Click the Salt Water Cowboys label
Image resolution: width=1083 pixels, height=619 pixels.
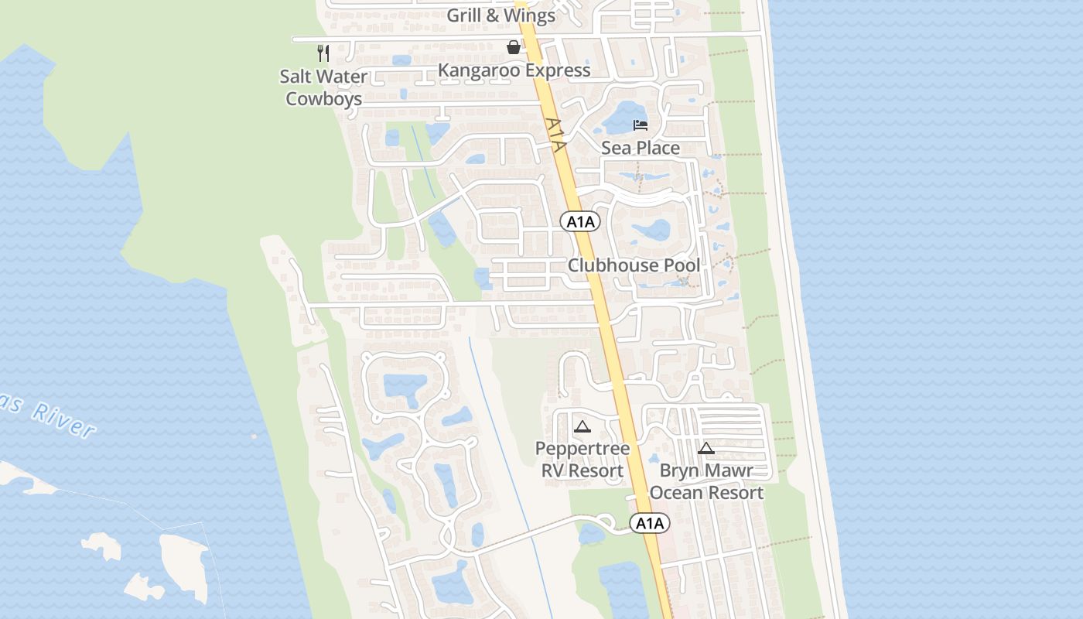tap(324, 87)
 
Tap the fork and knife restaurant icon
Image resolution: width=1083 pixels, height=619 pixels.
tap(323, 53)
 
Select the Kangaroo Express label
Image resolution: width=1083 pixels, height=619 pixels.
tap(514, 70)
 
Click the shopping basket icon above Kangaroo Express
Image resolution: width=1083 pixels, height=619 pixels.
tap(513, 47)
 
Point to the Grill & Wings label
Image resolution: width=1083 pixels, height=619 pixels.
tap(501, 15)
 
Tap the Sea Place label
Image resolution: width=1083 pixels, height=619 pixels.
tap(641, 148)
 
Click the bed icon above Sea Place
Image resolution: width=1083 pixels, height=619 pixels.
tap(641, 125)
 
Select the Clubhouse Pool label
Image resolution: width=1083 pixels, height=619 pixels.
tap(634, 265)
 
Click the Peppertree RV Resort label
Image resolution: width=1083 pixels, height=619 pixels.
tap(582, 460)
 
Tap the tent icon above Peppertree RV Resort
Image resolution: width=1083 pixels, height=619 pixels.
tap(582, 426)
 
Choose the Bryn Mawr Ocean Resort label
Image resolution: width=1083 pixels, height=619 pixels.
tap(706, 481)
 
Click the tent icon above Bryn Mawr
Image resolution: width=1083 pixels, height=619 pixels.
tap(705, 448)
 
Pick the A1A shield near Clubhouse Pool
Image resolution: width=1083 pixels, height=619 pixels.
tap(580, 222)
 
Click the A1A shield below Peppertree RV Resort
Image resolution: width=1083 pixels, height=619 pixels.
tap(650, 524)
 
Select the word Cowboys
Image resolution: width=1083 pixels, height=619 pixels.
tap(324, 99)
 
